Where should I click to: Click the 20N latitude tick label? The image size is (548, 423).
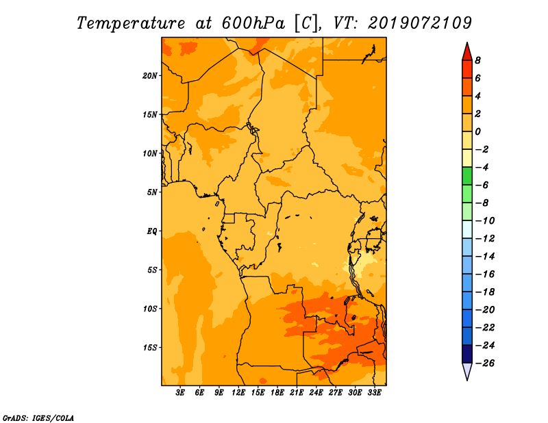[x=149, y=76]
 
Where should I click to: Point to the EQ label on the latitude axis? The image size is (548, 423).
[x=152, y=231]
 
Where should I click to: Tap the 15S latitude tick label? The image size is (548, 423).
[x=150, y=348]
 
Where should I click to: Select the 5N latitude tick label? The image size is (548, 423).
[x=152, y=192]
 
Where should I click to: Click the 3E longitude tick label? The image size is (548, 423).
[x=180, y=393]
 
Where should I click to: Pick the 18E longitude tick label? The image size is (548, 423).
[x=277, y=393]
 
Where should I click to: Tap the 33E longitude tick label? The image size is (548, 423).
[x=374, y=393]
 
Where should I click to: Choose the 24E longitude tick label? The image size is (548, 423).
[x=316, y=393]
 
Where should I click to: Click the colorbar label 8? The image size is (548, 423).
[x=477, y=60]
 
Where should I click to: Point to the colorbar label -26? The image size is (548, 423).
[x=485, y=363]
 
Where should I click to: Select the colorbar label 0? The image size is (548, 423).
[x=477, y=131]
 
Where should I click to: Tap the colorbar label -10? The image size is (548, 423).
[x=485, y=221]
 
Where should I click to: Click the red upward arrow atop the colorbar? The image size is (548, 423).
[x=467, y=53]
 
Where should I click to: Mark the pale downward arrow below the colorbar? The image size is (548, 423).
[x=467, y=371]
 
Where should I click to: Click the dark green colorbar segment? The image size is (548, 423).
[x=467, y=176]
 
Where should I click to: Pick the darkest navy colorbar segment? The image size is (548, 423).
[x=467, y=354]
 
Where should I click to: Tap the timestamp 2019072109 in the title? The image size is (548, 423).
[x=420, y=23]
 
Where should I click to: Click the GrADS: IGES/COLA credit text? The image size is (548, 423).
[x=38, y=418]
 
